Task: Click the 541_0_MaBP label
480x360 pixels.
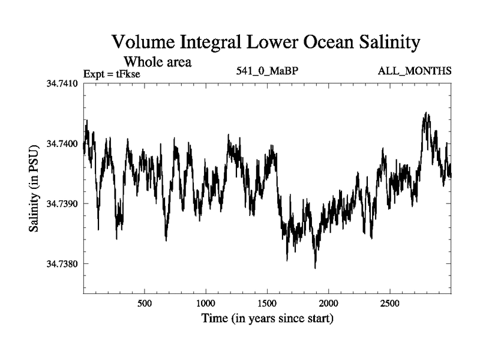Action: [x=268, y=71]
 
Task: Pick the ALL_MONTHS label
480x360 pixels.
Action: [x=415, y=71]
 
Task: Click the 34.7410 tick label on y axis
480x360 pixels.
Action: [x=63, y=83]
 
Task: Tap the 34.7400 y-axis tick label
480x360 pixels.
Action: [x=63, y=144]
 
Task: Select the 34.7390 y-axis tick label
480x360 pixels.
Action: [x=63, y=204]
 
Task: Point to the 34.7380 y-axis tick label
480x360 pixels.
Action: [x=63, y=264]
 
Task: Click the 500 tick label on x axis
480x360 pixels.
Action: [x=145, y=304]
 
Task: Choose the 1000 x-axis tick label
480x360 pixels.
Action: [x=206, y=304]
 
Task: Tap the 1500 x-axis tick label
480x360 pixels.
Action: [x=267, y=304]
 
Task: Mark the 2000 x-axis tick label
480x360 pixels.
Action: [x=328, y=304]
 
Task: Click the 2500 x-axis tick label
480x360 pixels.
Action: [x=389, y=304]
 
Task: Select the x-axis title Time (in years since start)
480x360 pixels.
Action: [x=267, y=319]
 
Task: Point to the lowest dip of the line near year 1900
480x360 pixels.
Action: [x=315, y=268]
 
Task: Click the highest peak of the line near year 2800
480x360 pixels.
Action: [x=426, y=113]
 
